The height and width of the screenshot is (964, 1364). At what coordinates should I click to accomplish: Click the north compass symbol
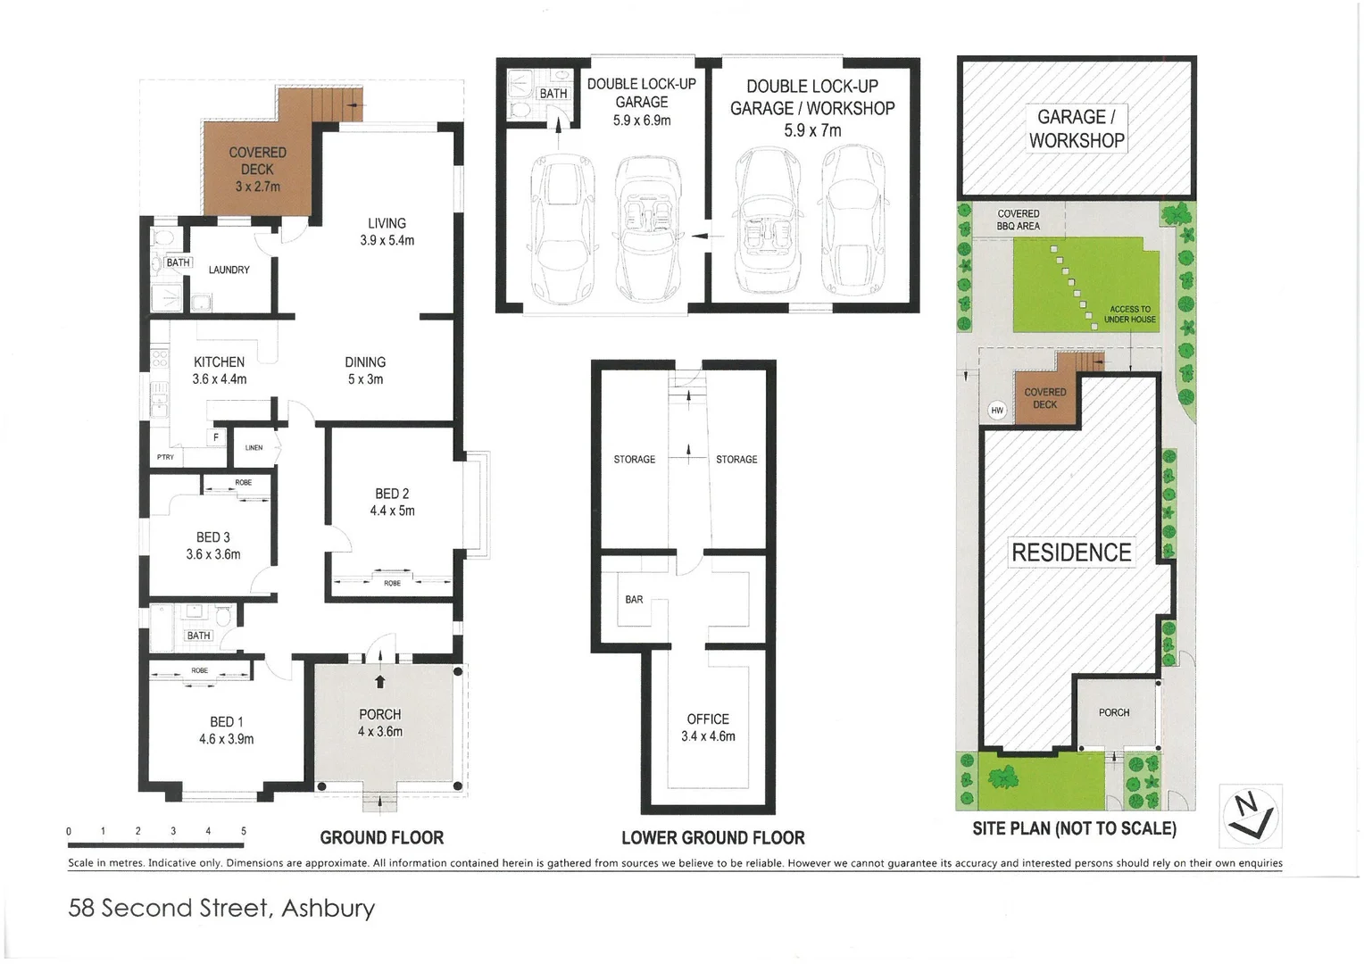tap(1251, 815)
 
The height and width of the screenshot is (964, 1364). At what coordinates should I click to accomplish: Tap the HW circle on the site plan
tap(997, 411)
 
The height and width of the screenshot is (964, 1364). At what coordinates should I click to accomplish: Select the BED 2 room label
tap(392, 494)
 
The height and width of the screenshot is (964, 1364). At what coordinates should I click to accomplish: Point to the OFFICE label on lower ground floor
tap(708, 719)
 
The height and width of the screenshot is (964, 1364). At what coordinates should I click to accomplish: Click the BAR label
tap(634, 600)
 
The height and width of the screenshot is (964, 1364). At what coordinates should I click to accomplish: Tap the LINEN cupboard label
tap(254, 448)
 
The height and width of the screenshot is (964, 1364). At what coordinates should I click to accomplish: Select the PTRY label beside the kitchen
tap(166, 457)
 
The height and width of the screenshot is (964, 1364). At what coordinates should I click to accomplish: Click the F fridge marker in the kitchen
tap(215, 437)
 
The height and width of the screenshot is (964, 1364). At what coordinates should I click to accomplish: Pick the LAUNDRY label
tap(229, 270)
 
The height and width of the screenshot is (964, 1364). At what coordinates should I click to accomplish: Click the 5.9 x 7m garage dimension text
tap(812, 130)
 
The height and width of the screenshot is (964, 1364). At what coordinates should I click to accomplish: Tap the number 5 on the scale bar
tap(244, 831)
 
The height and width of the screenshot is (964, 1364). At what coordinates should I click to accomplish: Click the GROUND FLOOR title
tap(381, 838)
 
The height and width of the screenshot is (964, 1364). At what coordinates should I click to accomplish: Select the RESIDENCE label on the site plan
tap(1071, 553)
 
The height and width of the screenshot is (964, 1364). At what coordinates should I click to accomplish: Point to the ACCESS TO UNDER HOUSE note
tap(1129, 314)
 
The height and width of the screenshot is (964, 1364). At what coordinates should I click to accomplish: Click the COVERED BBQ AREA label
tap(1019, 220)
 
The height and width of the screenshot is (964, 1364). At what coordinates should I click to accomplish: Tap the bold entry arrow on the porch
tap(380, 682)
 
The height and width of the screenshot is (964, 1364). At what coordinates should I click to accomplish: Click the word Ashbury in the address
tap(328, 909)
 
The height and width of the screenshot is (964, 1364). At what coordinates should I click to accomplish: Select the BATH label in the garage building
tap(553, 94)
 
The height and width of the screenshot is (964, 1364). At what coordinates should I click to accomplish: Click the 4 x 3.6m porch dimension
tap(380, 732)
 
